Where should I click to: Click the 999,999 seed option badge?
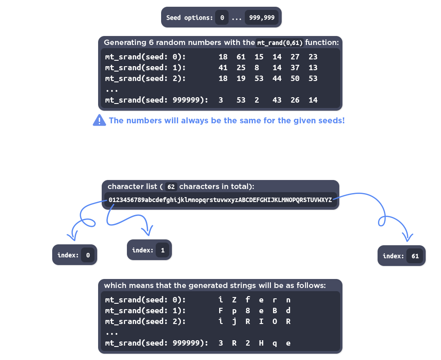[262, 18]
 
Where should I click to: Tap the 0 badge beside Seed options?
[221, 18]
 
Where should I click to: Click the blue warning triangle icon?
[99, 120]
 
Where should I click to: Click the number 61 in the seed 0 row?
[241, 57]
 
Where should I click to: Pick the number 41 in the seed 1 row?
[223, 67]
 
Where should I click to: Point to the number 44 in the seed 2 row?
[277, 78]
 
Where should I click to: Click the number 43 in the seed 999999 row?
[277, 100]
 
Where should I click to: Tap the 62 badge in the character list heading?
[171, 186]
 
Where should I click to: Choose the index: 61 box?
[401, 256]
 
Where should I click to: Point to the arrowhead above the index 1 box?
[147, 231]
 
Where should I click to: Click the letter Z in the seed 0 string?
[234, 300]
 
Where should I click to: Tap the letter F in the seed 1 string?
[221, 310]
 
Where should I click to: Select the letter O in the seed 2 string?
[275, 321]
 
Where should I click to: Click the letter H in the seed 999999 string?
[261, 343]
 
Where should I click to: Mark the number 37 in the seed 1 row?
[295, 67]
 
